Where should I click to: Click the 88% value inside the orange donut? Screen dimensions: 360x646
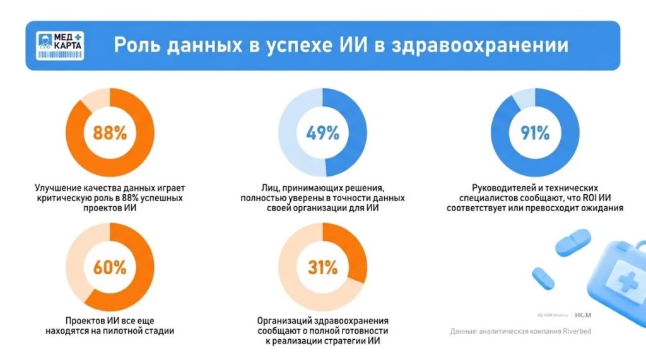click(x=110, y=133)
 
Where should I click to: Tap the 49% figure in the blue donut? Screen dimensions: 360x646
click(x=322, y=133)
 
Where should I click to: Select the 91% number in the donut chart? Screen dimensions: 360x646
click(x=534, y=133)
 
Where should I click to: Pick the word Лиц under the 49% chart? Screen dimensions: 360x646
click(x=271, y=188)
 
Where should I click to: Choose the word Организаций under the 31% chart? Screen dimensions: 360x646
click(x=286, y=320)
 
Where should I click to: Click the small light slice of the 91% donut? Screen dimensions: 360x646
click(x=524, y=99)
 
